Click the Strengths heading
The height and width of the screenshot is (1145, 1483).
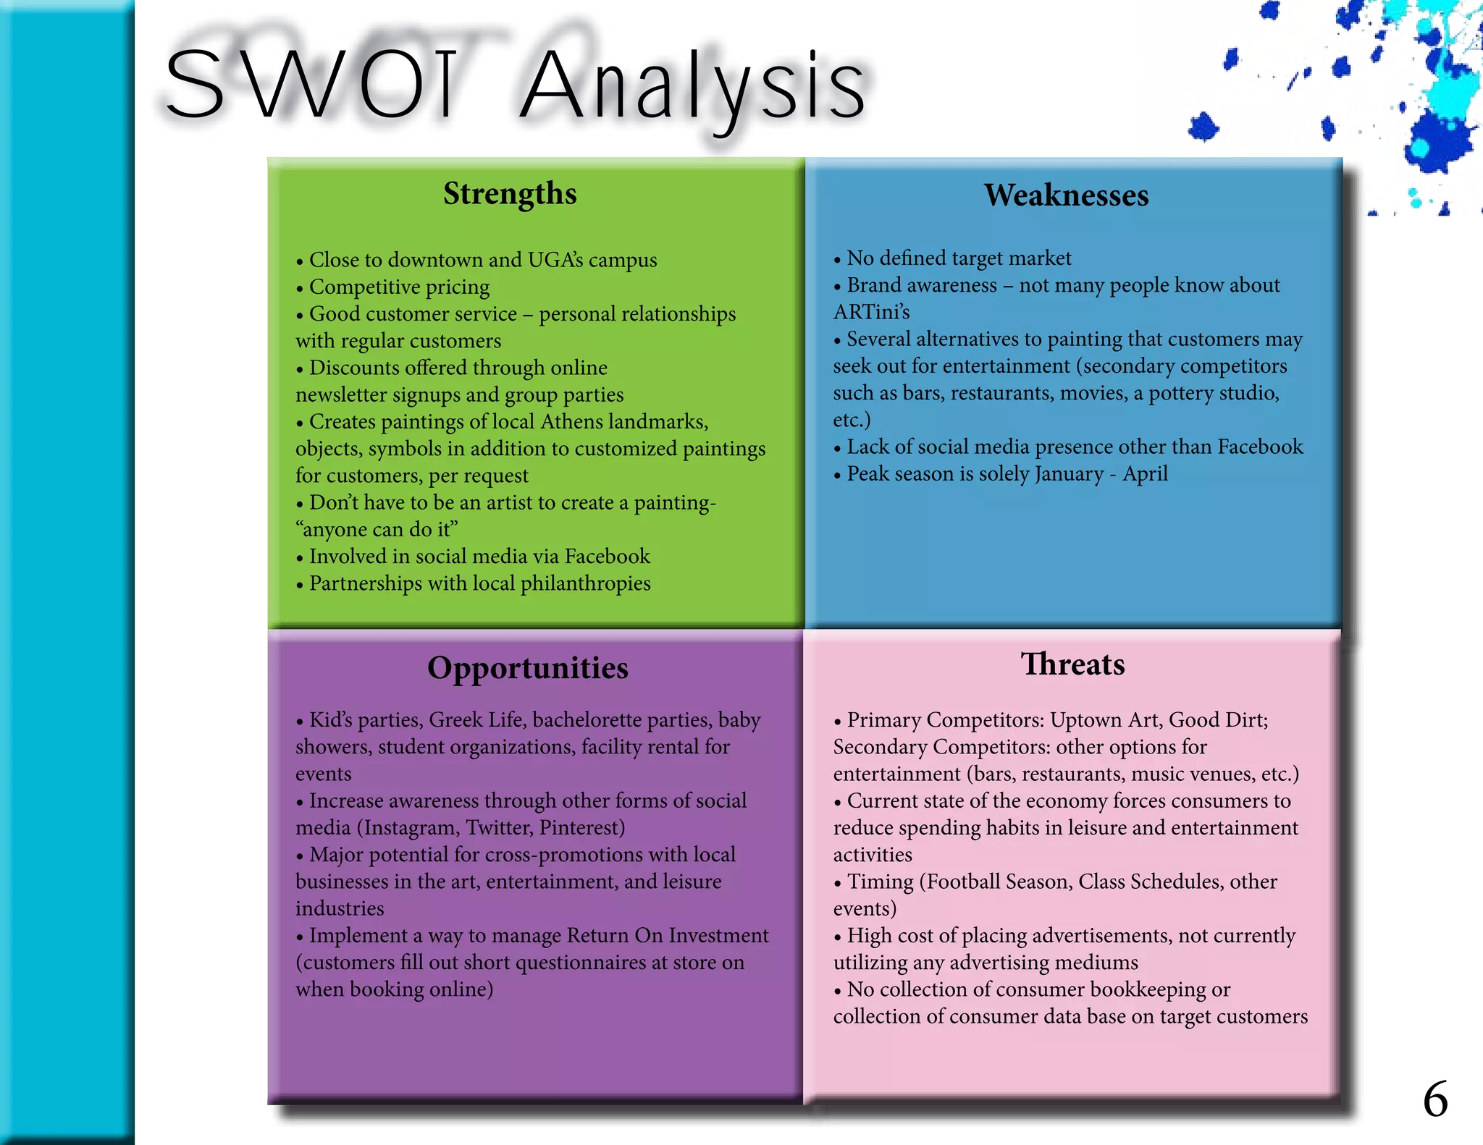point(510,194)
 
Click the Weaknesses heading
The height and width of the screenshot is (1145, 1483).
point(1066,195)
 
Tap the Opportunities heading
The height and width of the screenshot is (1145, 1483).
point(527,668)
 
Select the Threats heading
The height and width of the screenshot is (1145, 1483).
point(1072,664)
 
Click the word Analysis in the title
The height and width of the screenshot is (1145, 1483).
point(693,85)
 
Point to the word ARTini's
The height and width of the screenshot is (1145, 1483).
point(871,312)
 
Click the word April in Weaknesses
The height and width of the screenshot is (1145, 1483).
point(1145,474)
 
